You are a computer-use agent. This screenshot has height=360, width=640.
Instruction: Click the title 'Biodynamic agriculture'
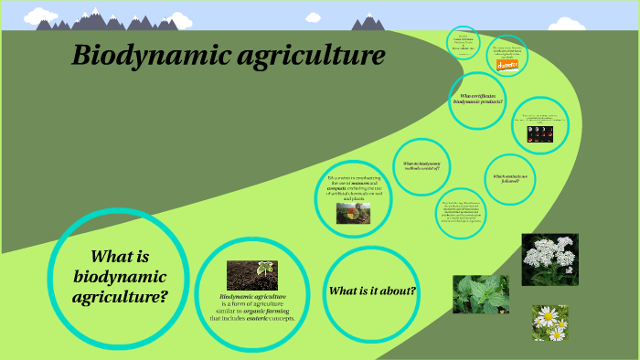pyautogui.click(x=229, y=58)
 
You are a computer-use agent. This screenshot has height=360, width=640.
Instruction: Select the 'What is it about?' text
pyautogui.click(x=372, y=291)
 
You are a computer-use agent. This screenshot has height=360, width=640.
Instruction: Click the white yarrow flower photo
pyautogui.click(x=549, y=259)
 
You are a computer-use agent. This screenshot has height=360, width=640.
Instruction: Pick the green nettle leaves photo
pyautogui.click(x=481, y=294)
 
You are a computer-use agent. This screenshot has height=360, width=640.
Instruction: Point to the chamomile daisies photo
pyautogui.click(x=549, y=323)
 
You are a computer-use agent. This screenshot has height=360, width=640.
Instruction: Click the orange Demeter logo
pyautogui.click(x=507, y=65)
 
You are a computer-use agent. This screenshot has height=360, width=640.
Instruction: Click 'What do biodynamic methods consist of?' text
pyautogui.click(x=421, y=165)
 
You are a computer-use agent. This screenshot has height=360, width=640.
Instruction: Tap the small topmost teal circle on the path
pyautogui.click(x=464, y=42)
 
